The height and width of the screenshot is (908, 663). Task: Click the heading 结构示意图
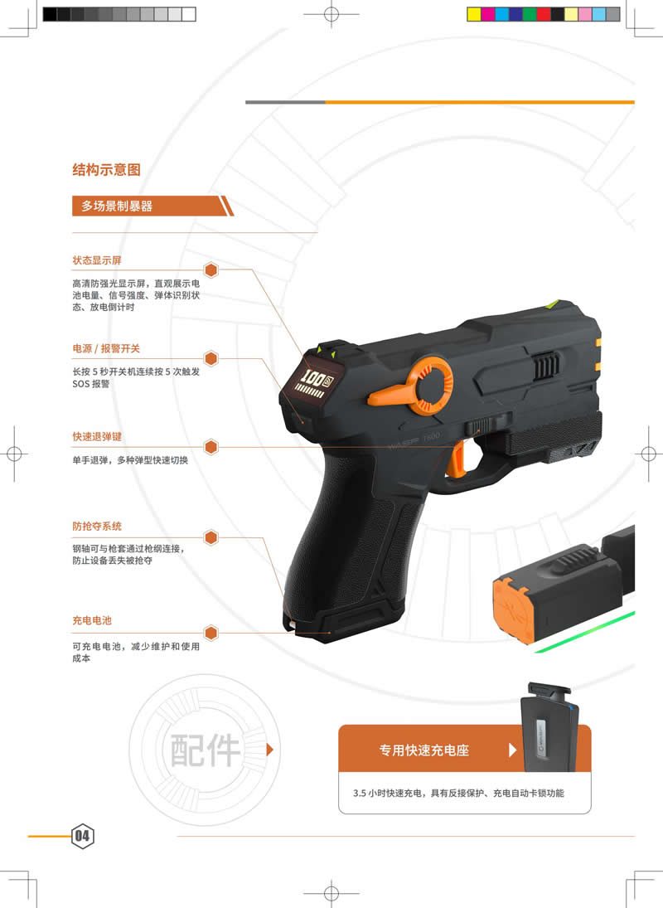tap(106, 170)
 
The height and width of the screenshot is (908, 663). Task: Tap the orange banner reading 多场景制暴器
tap(152, 206)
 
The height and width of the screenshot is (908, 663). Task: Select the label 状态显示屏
tap(97, 260)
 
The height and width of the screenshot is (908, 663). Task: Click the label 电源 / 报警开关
tap(106, 348)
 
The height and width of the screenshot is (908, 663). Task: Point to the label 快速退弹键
tap(97, 436)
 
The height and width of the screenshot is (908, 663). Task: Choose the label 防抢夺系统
tap(97, 526)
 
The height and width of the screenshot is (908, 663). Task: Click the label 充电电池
tap(91, 620)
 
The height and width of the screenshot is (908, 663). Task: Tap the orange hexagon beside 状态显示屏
tap(211, 269)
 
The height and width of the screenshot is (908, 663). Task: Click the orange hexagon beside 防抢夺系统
tap(211, 537)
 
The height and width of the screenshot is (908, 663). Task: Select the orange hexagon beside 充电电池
tap(211, 633)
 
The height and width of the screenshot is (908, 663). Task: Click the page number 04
tap(82, 836)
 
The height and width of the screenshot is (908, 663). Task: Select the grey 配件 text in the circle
tap(206, 750)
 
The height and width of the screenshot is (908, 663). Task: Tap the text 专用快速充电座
tap(424, 750)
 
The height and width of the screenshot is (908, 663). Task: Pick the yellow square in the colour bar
tap(474, 14)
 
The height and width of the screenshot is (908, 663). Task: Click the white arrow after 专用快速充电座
tap(512, 750)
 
